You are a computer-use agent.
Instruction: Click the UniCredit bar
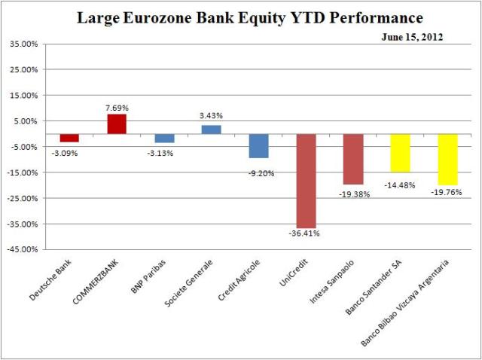306,181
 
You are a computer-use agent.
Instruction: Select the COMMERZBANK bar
117,124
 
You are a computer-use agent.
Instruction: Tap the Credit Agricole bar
259,146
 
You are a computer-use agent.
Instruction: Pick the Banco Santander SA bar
400,153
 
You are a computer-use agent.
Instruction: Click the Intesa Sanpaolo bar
352,159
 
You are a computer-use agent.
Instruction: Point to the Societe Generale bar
212,130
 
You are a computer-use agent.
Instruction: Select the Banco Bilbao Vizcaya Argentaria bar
447,160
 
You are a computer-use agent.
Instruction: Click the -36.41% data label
306,233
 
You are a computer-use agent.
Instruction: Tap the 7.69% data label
117,108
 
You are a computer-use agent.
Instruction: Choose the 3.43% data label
212,116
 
